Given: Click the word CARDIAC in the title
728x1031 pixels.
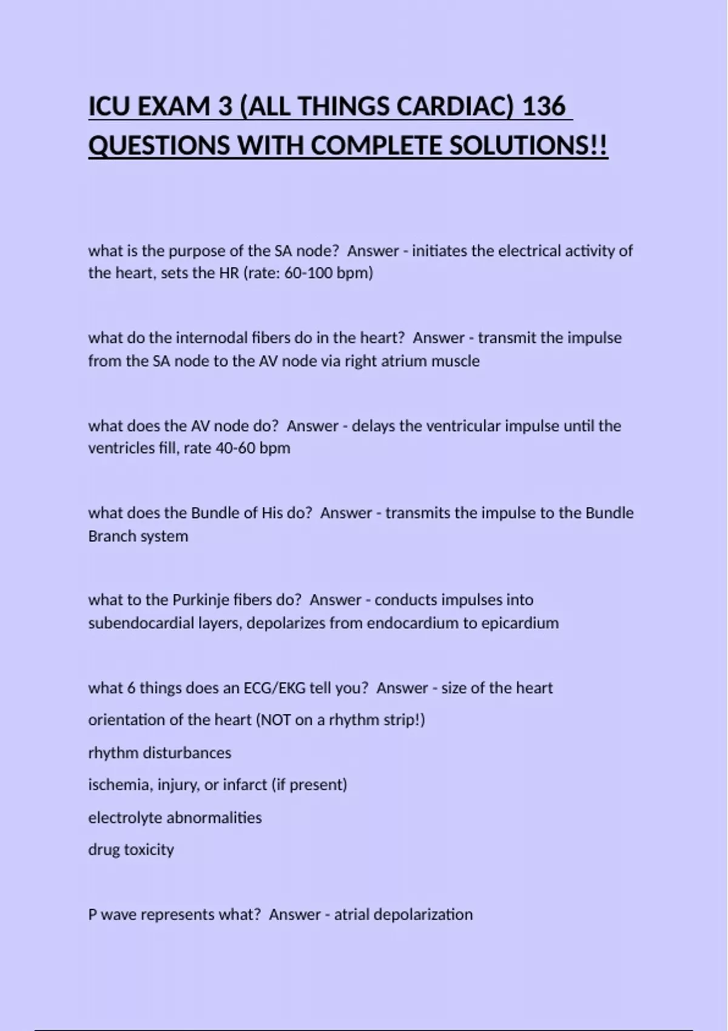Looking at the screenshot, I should pyautogui.click(x=451, y=107).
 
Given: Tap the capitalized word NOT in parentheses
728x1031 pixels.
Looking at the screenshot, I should pyautogui.click(x=277, y=720).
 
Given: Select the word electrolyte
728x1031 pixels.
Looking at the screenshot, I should pyautogui.click(x=125, y=818).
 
